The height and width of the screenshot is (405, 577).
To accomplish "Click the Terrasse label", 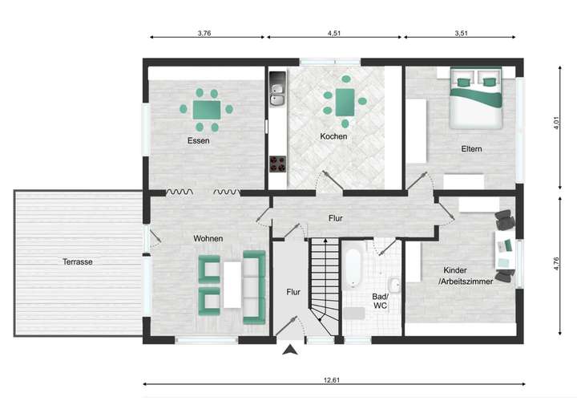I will (x=79, y=261).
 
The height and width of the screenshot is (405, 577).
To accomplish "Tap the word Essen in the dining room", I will (x=199, y=140).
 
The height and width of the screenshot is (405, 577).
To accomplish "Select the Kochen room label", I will (x=333, y=136).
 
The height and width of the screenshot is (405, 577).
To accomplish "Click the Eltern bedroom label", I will (x=471, y=148).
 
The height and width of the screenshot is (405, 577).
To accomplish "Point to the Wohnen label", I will (x=208, y=238).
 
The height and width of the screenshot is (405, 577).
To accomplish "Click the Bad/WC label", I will (x=380, y=301).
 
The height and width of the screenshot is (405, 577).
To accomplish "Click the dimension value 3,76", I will (x=204, y=34).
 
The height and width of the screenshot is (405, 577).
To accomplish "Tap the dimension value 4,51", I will (x=335, y=34).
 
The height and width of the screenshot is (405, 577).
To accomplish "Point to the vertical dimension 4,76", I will (x=557, y=264).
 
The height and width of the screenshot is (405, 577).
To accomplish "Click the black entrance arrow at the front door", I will (x=290, y=349).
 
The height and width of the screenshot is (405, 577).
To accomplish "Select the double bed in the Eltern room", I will (x=474, y=99).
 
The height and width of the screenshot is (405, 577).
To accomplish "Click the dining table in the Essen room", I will (x=207, y=108).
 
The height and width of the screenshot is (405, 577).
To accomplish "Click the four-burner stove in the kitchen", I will (x=278, y=164).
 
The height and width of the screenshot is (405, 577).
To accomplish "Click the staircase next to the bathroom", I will (x=325, y=285).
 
